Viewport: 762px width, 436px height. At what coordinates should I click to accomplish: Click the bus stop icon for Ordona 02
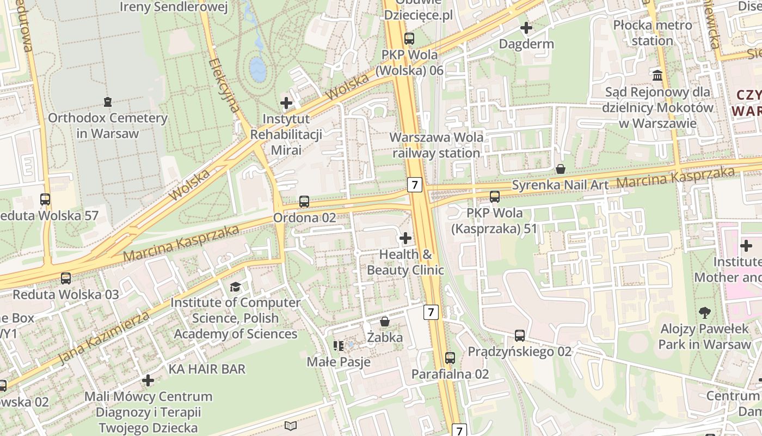coord(304,202)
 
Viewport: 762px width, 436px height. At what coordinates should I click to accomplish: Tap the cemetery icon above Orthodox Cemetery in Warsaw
coord(108,101)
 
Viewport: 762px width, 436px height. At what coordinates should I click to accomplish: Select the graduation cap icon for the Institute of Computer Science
coord(235,287)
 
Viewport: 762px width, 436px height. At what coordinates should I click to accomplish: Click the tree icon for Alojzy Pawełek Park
coord(704,313)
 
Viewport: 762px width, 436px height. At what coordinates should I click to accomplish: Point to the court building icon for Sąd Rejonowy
coord(657,75)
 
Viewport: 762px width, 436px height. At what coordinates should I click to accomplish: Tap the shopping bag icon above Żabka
coord(385,322)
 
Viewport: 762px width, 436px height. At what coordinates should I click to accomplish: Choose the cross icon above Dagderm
coord(526,27)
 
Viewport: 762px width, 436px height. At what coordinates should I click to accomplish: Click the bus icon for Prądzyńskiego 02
coord(520,335)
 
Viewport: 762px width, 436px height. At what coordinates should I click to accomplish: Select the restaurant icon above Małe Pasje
coord(339,346)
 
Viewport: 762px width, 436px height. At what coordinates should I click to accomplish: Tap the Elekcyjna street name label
coord(224,84)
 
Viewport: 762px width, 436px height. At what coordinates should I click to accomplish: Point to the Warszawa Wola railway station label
coord(437,145)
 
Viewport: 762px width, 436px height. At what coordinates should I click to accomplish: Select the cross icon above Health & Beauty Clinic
coord(405,238)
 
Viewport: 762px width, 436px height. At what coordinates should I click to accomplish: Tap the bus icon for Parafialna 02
coord(450,358)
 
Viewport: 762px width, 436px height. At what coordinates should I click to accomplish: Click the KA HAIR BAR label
coord(207,369)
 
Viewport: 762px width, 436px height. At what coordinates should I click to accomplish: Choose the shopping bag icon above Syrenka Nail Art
coord(561,169)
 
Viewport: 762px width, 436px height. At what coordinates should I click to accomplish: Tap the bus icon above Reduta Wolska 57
coord(45,199)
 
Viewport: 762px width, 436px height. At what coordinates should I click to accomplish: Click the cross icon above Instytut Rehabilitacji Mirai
coord(286,102)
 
